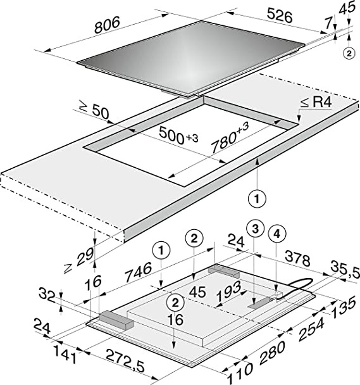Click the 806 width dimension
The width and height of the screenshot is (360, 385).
coord(107,25)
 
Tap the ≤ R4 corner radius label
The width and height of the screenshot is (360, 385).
coord(316,102)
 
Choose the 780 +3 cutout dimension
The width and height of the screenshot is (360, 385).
coord(230,138)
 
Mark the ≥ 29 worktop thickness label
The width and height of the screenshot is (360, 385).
coord(79,260)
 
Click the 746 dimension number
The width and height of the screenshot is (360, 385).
coord(139,272)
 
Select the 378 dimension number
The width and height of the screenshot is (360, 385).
coord(297,260)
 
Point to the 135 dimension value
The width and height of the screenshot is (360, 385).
coord(344,306)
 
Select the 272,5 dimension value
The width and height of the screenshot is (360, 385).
coord(125,362)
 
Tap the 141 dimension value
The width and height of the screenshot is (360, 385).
coord(65,355)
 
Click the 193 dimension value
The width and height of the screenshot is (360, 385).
coord(229,291)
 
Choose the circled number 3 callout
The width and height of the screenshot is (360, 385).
coord(255,229)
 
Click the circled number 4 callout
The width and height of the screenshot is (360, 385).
coord(277,234)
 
